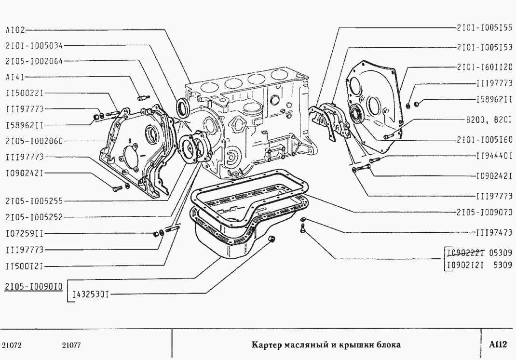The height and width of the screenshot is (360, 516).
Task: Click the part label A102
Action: tap(14, 30)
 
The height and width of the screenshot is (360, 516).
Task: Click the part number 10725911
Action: tap(25, 234)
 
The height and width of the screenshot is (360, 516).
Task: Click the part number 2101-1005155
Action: tap(484, 28)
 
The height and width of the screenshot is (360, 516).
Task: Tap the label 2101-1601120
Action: tap(484, 67)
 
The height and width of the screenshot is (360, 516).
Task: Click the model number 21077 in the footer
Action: tap(71, 345)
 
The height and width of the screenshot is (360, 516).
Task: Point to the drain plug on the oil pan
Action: tap(272, 240)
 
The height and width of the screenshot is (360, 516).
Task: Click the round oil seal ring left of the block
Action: tap(183, 107)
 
